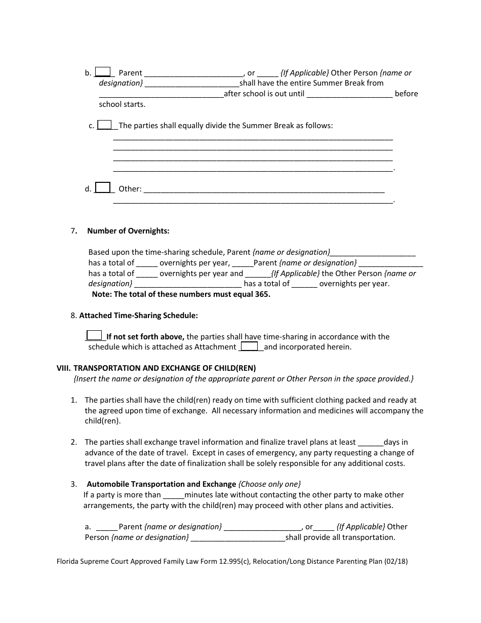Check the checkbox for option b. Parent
103,72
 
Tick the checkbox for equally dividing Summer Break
105,125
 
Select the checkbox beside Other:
103,187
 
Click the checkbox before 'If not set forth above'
94,335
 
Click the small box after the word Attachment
249,346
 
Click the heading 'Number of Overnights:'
128,231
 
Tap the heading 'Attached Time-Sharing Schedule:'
138,315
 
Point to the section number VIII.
63,368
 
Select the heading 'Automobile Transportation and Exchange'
161,484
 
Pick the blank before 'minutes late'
174,495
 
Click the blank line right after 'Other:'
264,189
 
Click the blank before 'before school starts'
349,94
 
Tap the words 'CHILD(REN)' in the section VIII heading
235,368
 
